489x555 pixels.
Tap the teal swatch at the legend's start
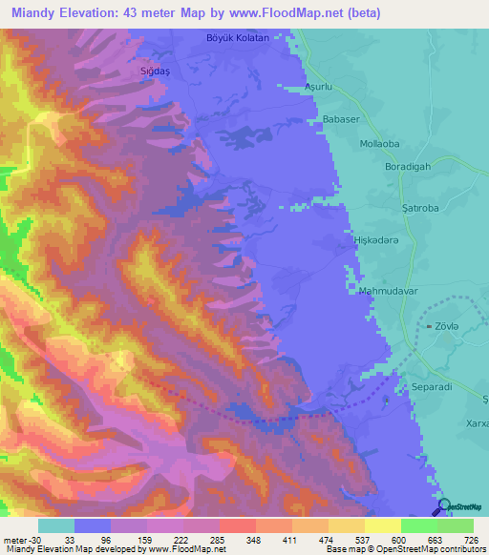click(56, 524)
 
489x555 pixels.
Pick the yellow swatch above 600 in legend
click(382, 524)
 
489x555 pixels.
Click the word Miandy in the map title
click(30, 13)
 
